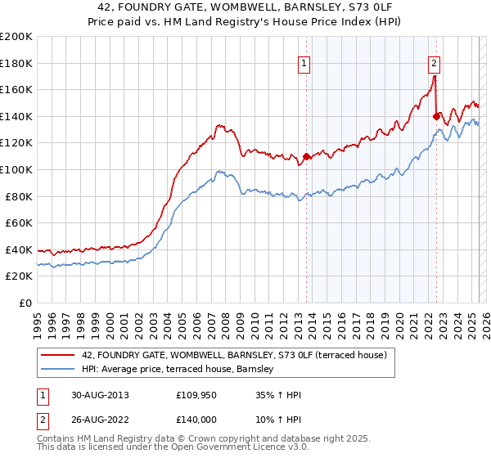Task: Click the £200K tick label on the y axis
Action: [x=16, y=37]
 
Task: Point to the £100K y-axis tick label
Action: [x=16, y=169]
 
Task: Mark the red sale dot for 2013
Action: [x=306, y=156]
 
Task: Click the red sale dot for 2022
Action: [x=436, y=116]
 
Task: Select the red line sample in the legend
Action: [x=57, y=354]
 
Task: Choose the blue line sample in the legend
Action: [x=57, y=370]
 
